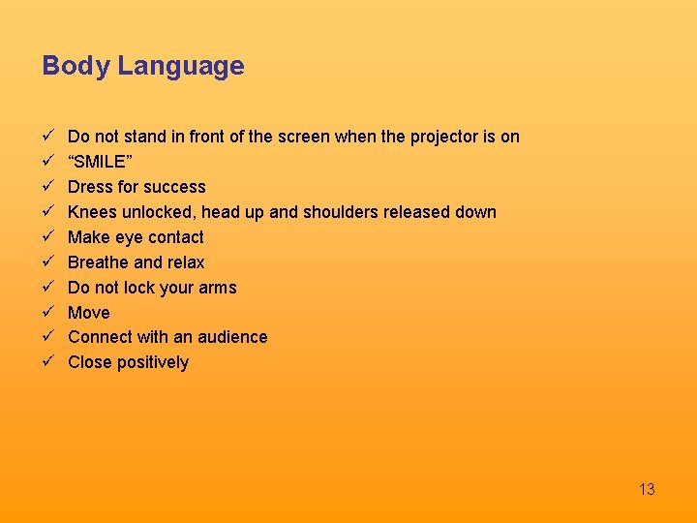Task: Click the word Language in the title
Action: tap(181, 67)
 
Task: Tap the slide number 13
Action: tap(647, 489)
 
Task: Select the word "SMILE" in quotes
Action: tap(97, 162)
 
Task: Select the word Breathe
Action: tap(98, 262)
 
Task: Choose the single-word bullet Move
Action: tap(89, 313)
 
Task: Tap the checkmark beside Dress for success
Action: tap(46, 187)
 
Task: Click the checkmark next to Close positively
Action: tap(46, 362)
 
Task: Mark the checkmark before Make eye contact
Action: tap(46, 237)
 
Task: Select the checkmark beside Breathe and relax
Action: tap(46, 262)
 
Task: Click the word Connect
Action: tap(100, 337)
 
